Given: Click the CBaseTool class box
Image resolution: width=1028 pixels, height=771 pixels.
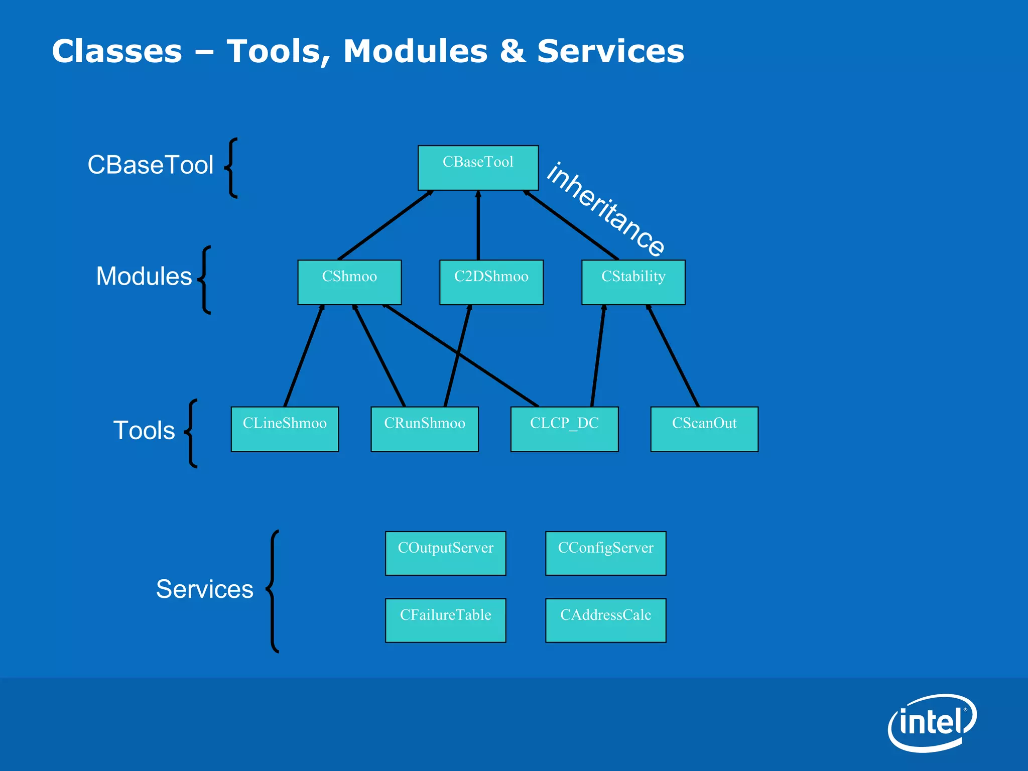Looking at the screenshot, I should [478, 168].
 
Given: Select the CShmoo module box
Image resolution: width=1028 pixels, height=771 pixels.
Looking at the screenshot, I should [349, 282].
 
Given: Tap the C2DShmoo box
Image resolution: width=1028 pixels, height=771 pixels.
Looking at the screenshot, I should [491, 282].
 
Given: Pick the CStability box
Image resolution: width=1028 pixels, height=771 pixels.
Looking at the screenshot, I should [633, 282].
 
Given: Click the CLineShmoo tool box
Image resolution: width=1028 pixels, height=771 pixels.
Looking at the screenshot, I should [285, 429].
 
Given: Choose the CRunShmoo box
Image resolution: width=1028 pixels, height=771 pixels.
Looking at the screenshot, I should [425, 429].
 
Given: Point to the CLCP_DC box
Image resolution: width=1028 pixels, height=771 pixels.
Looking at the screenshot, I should [564, 429].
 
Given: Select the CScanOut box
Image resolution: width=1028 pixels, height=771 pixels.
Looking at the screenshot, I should [704, 429].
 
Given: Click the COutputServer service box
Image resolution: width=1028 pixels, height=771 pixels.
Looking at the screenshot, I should [445, 553].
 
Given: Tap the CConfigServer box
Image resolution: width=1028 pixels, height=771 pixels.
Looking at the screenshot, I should [605, 553].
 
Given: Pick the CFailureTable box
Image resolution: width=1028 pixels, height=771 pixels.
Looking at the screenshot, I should [445, 620].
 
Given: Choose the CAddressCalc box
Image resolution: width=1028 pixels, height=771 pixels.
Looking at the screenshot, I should [605, 620].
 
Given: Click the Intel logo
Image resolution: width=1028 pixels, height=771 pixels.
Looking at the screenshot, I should [932, 723].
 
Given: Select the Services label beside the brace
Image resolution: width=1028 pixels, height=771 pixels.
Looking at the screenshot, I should [204, 589].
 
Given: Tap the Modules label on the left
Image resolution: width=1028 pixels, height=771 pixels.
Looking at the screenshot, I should [144, 276].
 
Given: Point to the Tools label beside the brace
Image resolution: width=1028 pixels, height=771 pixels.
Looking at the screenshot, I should [144, 431].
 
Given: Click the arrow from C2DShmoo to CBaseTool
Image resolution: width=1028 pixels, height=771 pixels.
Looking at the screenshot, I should [478, 226].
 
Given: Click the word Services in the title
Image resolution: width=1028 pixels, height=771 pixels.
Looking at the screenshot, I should [610, 51].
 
